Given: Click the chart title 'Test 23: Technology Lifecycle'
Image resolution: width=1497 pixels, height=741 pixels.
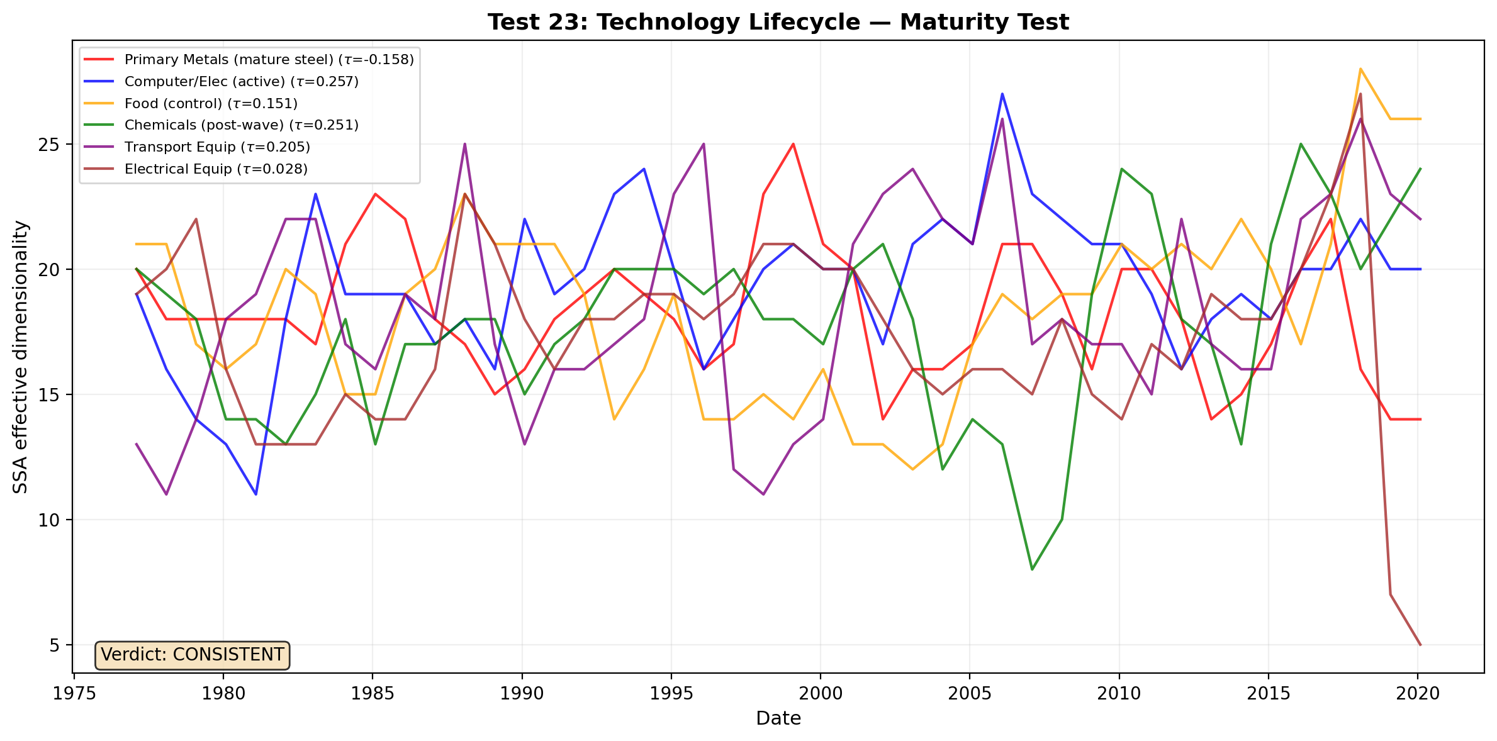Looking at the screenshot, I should tap(778, 23).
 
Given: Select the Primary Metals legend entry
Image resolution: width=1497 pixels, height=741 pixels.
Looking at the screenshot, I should tap(269, 60).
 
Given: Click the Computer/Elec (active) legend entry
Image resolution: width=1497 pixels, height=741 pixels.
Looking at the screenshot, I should tap(241, 82).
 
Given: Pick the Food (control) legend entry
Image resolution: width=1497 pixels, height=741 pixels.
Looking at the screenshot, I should tap(211, 103).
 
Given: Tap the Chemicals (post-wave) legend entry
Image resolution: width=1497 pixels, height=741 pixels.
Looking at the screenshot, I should tap(241, 125).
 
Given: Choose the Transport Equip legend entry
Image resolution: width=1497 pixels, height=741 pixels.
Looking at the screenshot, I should tap(217, 147).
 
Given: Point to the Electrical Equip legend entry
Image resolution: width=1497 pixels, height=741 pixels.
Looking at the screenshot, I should tap(216, 169).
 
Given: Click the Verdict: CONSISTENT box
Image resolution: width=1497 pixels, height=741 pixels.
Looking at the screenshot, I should tap(192, 655).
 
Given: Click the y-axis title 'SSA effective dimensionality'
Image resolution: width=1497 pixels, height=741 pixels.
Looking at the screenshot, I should tap(21, 357).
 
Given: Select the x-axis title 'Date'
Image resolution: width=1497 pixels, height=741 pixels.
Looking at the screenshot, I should tap(778, 718).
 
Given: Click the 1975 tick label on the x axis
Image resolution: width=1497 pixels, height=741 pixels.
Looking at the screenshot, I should tap(74, 694).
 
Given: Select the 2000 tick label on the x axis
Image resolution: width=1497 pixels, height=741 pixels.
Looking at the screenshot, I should tap(821, 694).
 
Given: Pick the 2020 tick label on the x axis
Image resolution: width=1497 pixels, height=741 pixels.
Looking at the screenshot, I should tap(1418, 694).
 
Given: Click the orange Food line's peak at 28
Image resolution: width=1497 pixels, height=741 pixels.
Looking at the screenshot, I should tap(1360, 69).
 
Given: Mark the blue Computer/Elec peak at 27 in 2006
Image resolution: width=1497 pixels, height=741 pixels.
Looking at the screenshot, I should tap(1002, 94).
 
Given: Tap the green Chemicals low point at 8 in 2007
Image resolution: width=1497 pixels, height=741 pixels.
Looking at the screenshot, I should tap(1032, 569).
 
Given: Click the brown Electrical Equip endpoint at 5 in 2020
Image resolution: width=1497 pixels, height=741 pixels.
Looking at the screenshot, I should tap(1420, 645).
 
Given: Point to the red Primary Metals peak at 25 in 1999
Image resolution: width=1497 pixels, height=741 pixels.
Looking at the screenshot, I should tap(793, 144).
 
